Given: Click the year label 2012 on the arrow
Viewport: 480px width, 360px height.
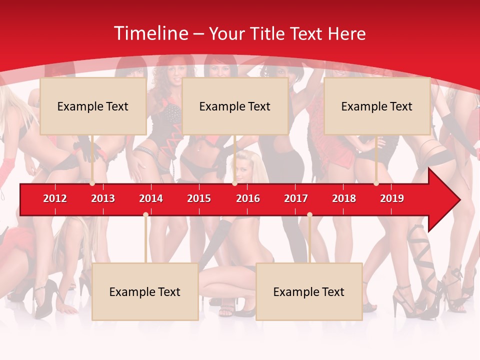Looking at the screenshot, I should coord(55,198).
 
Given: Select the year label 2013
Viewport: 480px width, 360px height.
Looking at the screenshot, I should coord(103,198).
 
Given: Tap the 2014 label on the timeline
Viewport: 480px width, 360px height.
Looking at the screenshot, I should coord(151,198).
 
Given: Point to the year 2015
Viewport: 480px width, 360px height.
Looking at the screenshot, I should coord(199,198).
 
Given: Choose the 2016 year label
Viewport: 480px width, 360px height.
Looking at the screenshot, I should coord(248,198).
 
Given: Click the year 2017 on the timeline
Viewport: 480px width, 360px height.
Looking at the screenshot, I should coord(296,198).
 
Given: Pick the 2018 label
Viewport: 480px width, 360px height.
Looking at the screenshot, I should coord(344,198).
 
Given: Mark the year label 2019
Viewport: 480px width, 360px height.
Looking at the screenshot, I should coord(392,198).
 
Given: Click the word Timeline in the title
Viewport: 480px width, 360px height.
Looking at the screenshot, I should coord(150,33).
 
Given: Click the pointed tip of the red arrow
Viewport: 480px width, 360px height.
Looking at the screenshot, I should coord(459,200).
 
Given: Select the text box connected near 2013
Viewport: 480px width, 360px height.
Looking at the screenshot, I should coord(93,106).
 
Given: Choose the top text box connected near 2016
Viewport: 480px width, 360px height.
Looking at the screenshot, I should coord(235,106).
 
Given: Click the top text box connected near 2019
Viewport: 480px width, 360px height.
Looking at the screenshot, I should coord(377,106).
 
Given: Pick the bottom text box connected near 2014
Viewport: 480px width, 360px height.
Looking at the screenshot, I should coord(145,291).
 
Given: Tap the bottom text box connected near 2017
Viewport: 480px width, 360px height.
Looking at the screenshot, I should coord(309,291).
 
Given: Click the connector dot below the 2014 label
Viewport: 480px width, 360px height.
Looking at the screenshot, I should coord(145,215).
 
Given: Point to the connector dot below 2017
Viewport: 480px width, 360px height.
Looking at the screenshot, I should coord(309,215).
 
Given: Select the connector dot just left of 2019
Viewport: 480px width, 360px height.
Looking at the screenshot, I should coord(376,183).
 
